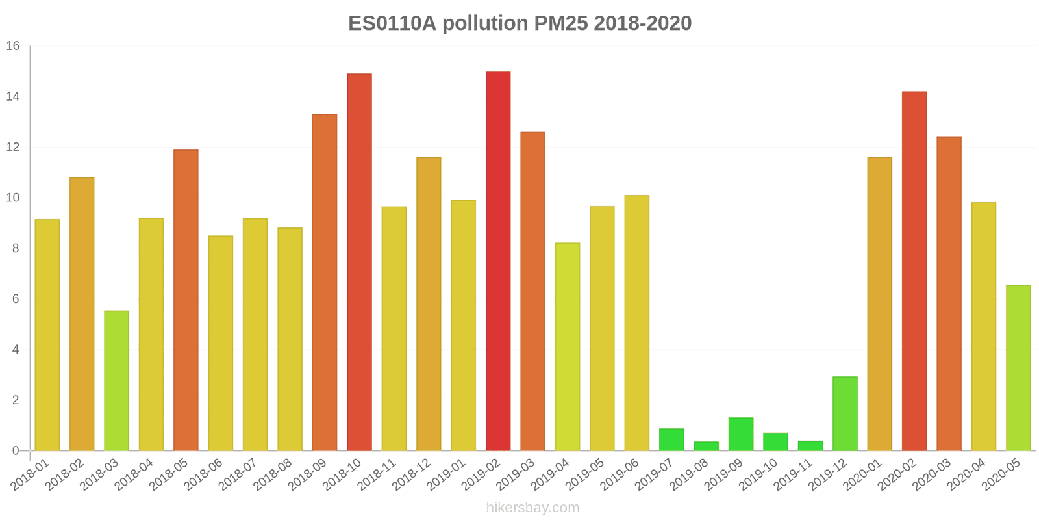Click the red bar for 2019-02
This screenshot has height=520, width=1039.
click(x=498, y=260)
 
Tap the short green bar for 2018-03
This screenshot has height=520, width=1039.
click(x=116, y=380)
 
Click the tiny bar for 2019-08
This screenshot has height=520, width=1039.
click(x=706, y=446)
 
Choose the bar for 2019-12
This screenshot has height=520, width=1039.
click(x=845, y=413)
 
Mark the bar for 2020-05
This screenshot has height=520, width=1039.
click(x=1018, y=367)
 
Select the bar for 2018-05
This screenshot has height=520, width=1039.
click(x=186, y=300)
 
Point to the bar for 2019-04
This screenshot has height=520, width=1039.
click(x=568, y=346)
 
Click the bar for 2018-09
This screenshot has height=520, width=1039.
click(x=325, y=282)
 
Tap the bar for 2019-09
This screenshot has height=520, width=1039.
click(x=741, y=434)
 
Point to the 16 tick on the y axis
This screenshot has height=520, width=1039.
click(x=13, y=46)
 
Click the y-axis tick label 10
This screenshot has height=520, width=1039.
click(x=13, y=198)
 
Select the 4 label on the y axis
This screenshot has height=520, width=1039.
click(x=16, y=350)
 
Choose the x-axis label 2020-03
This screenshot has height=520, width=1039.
click(x=933, y=474)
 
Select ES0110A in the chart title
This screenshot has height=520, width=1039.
click(x=392, y=23)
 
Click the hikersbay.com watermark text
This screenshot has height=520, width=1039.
click(x=532, y=508)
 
